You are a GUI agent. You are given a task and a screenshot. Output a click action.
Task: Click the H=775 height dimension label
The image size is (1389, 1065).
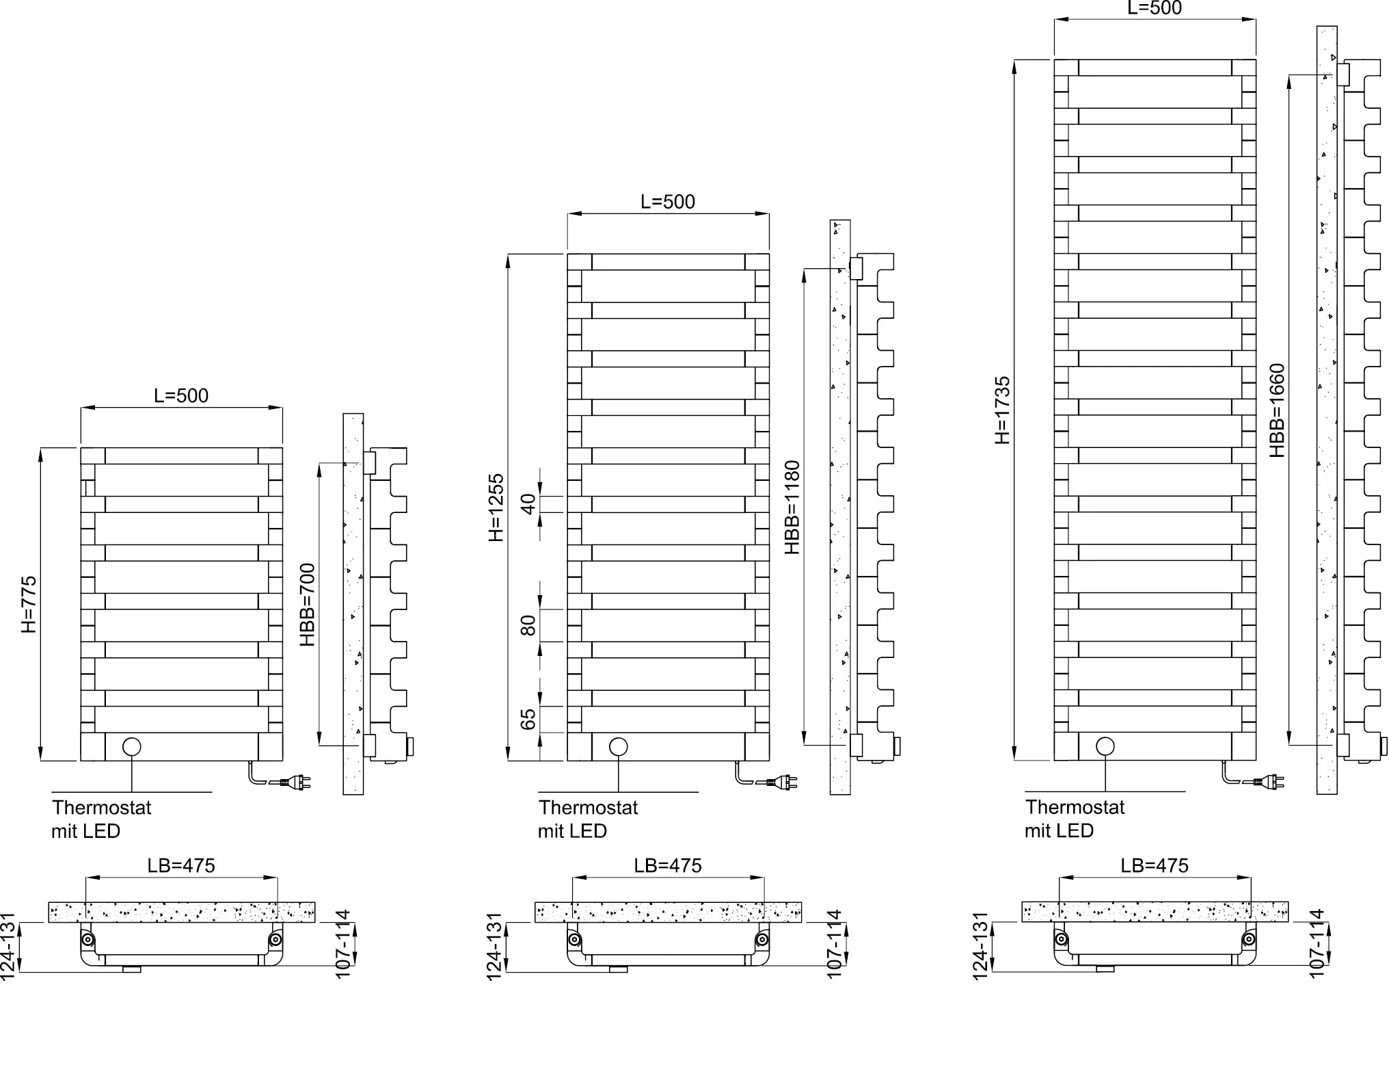point(29,604)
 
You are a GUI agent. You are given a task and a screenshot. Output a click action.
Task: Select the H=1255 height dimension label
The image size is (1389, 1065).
point(496,507)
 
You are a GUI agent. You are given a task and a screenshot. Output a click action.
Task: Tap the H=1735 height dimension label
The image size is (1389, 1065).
point(1002,410)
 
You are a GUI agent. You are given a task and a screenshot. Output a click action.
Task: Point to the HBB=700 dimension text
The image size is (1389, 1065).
point(308,604)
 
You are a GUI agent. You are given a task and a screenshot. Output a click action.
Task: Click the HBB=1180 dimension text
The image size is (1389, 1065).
point(792,507)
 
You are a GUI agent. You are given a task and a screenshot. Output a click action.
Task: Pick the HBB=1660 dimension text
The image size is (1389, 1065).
point(1277,410)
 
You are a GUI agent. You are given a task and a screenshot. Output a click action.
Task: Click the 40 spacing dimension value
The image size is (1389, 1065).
point(528,504)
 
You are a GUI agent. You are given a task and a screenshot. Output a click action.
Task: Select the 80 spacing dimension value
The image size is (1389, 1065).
point(528,625)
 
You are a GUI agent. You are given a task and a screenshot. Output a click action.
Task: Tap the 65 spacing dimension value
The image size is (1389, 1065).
point(528,719)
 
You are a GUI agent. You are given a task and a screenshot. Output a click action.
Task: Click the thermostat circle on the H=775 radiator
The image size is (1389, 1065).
point(132,746)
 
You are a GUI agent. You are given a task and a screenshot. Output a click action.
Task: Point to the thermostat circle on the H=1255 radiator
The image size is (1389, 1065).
point(619,746)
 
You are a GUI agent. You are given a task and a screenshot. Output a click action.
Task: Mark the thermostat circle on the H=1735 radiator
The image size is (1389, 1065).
point(1105,746)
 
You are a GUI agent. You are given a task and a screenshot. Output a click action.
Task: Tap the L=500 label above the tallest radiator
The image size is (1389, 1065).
point(1155,8)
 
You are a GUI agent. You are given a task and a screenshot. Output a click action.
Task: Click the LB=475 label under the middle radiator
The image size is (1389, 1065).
point(668,865)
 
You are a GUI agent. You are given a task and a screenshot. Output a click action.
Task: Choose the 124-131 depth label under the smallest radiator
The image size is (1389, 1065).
point(8,946)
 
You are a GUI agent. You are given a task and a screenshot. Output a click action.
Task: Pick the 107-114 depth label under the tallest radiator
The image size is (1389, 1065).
point(1317,943)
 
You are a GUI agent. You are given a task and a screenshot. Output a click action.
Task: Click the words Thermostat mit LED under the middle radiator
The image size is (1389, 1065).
point(588,819)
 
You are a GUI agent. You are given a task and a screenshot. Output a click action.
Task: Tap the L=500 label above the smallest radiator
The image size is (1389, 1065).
point(181,395)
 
